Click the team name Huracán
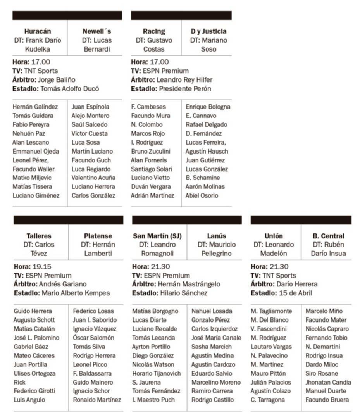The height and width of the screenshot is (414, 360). [x=37, y=31]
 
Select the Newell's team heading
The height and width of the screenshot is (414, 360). [x=96, y=31]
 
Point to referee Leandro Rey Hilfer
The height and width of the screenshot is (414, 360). [x=184, y=80]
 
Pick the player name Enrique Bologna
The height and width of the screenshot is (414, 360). [x=208, y=107]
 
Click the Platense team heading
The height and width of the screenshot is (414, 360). [x=98, y=236]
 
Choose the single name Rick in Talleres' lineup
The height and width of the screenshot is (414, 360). [x=19, y=382]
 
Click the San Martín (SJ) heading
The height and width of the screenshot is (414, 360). [x=157, y=236]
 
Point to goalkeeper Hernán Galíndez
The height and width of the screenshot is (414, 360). [x=35, y=107]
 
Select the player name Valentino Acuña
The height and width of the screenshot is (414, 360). [x=93, y=178]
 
